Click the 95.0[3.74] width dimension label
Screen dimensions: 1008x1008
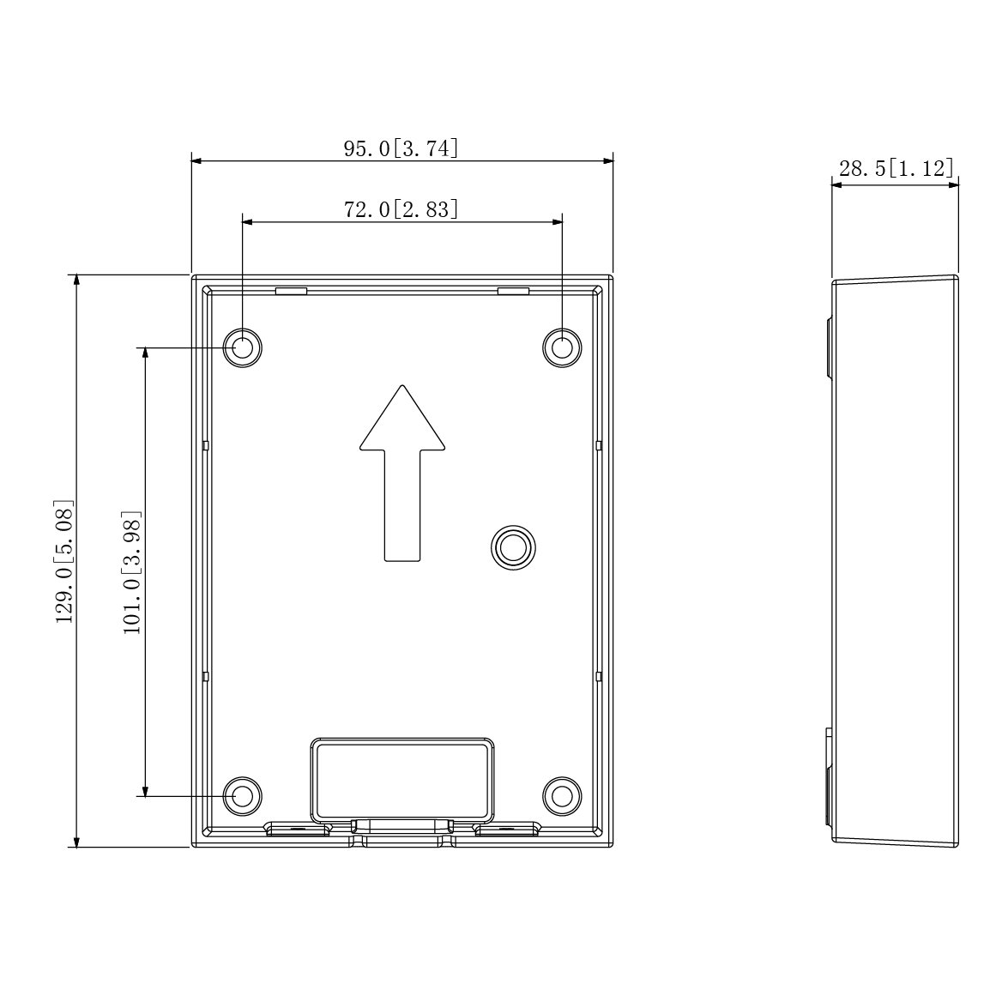pyautogui.click(x=401, y=148)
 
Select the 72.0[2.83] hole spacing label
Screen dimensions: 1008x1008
pyautogui.click(x=401, y=209)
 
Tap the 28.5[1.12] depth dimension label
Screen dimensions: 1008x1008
pyautogui.click(x=896, y=168)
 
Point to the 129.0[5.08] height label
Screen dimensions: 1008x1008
pyautogui.click(x=64, y=561)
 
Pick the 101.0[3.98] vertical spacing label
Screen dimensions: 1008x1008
pyautogui.click(x=132, y=572)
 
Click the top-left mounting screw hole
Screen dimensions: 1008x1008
pyautogui.click(x=243, y=347)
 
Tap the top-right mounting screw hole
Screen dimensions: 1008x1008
pyautogui.click(x=562, y=347)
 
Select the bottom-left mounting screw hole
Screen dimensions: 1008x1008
pyautogui.click(x=243, y=796)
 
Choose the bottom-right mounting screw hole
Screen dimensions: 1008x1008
pyautogui.click(x=562, y=796)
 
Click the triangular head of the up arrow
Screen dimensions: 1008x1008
pyautogui.click(x=402, y=421)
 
